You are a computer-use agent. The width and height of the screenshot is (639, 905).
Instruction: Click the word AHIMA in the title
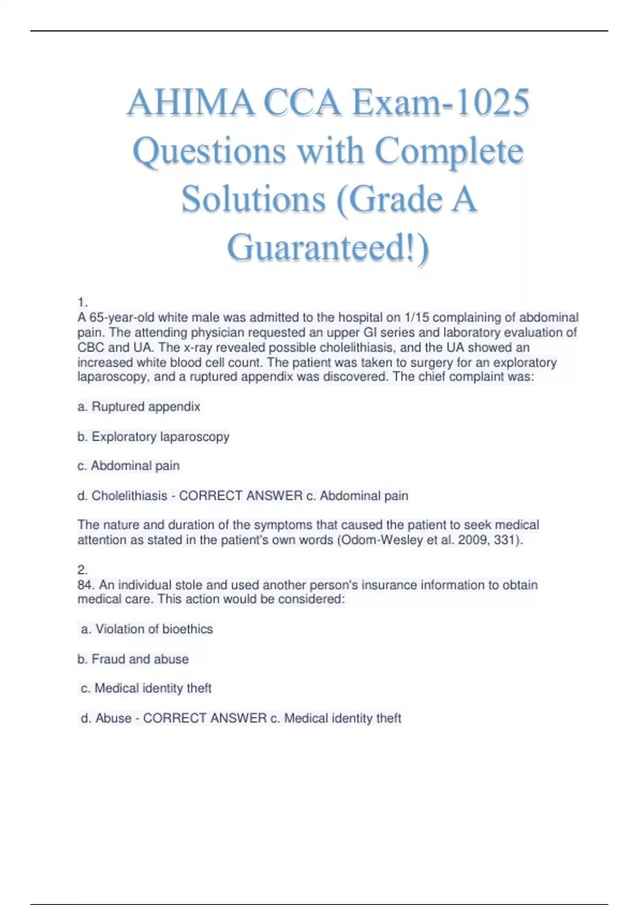tap(191, 102)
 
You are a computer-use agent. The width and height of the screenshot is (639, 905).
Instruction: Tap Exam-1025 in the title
tap(440, 102)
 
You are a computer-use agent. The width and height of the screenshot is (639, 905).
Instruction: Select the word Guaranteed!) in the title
tap(327, 248)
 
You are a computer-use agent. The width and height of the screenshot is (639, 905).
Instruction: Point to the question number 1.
tap(82, 303)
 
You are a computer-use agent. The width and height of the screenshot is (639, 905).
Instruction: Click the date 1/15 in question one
tap(416, 318)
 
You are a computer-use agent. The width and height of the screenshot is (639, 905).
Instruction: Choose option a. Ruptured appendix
tap(138, 407)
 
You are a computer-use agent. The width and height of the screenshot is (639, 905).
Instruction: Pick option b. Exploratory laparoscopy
tap(153, 437)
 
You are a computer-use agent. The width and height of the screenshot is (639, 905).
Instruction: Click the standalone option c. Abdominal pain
tap(128, 466)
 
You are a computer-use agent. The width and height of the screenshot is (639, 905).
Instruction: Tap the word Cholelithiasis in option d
tap(129, 496)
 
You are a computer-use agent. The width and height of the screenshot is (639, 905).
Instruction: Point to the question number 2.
tap(82, 570)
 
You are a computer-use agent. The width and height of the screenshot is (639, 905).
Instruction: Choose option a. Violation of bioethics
tap(146, 629)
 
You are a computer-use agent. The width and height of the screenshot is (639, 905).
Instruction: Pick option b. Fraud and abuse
tap(133, 659)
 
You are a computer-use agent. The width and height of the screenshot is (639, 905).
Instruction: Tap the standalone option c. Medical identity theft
tap(146, 688)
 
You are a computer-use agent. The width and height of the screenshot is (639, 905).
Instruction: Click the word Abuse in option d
tap(113, 718)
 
